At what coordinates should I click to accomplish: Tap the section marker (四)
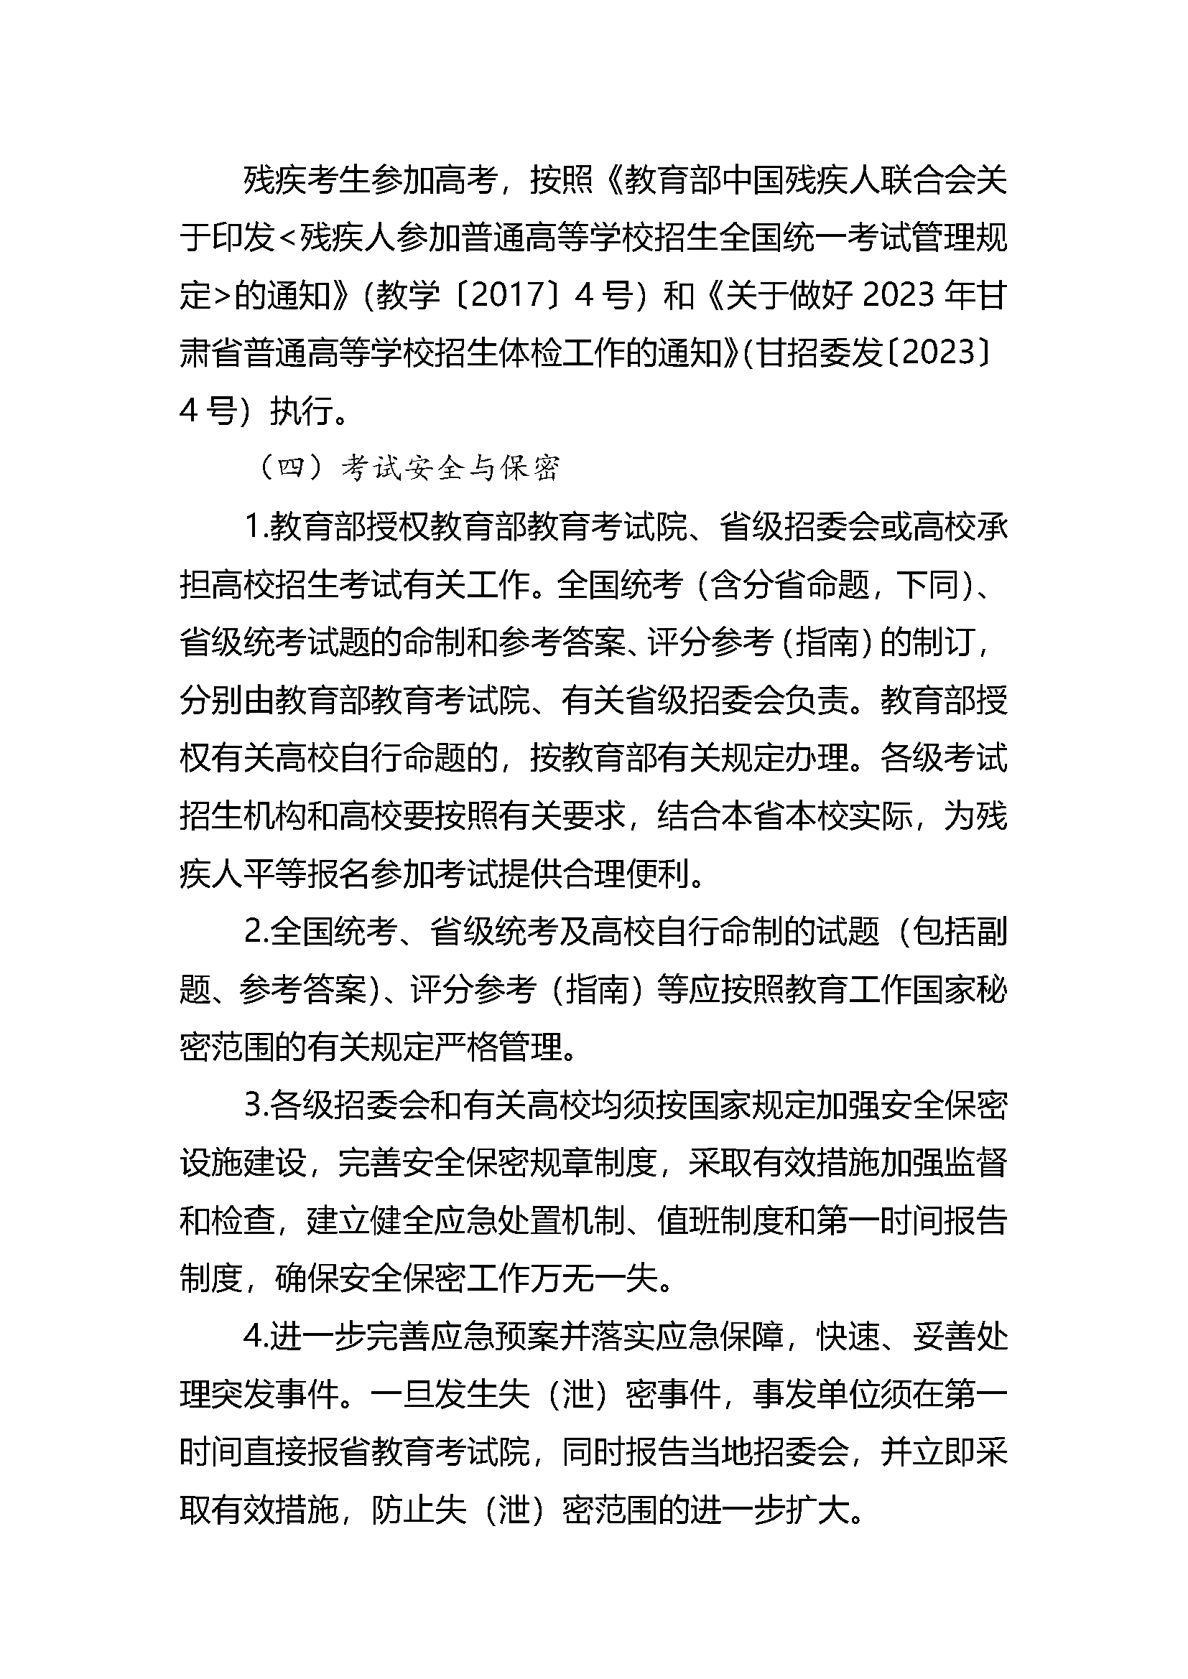292,468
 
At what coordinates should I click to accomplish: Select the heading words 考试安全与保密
450,468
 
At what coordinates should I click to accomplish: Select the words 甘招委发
820,353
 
